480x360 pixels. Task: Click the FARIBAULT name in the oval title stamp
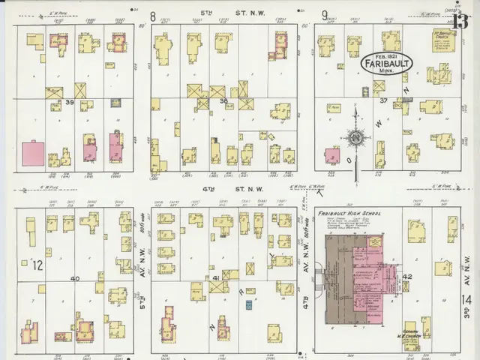(x=387, y=64)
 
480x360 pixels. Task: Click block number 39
(x=69, y=102)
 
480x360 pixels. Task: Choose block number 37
(x=383, y=100)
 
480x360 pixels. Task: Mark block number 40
(x=74, y=279)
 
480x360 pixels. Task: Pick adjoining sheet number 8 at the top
(x=153, y=16)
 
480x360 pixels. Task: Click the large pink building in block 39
(x=33, y=154)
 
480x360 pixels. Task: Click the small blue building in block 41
(x=250, y=305)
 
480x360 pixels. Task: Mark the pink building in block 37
(x=332, y=155)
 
